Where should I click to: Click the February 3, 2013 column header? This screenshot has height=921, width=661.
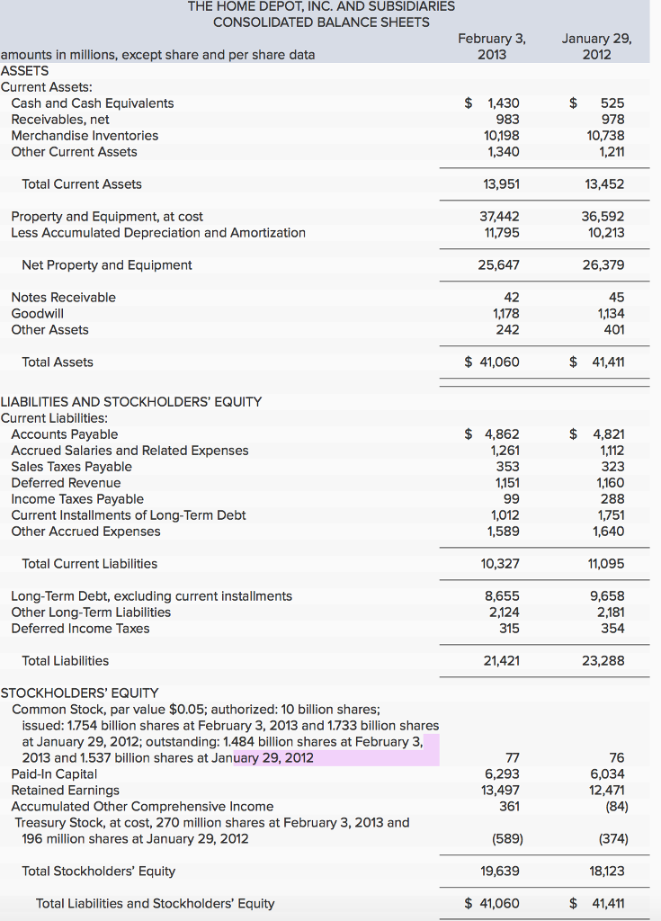tap(491, 46)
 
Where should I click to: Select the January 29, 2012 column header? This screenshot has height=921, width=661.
tap(596, 46)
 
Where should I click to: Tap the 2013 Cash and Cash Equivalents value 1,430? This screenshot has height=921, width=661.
tap(496, 103)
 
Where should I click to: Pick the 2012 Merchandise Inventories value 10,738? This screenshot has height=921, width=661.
tap(605, 136)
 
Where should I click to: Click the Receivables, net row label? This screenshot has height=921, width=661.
tap(60, 120)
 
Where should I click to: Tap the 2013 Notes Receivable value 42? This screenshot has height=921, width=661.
tap(511, 298)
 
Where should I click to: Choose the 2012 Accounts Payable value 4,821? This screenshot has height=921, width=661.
tap(603, 434)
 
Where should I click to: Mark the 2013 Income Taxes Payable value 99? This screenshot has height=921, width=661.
tap(510, 499)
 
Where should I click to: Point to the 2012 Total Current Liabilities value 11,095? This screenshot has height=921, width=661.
tap(605, 564)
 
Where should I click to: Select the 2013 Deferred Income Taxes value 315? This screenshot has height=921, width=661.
tap(508, 629)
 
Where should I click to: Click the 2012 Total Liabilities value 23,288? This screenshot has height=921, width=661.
tap(605, 661)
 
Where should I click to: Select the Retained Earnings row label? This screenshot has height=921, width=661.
tap(65, 791)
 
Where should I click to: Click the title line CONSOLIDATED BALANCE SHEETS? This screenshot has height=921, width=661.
tap(321, 22)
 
